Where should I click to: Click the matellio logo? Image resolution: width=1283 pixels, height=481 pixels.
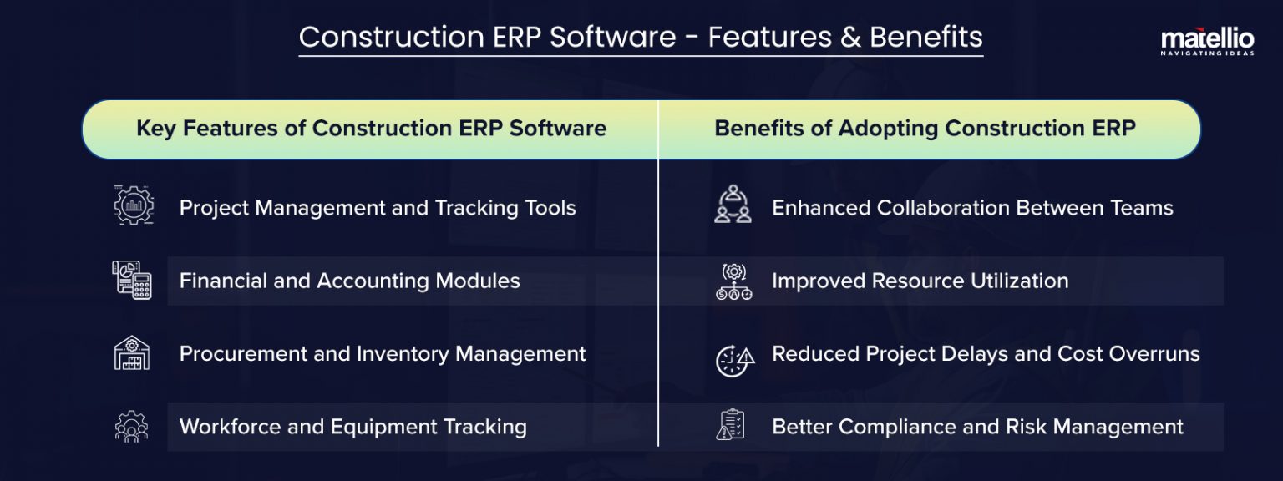pyautogui.click(x=1207, y=38)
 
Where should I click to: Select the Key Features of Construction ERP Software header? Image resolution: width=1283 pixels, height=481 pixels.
pyautogui.click(x=371, y=129)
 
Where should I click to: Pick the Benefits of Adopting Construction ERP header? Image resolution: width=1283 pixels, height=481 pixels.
pyautogui.click(x=925, y=129)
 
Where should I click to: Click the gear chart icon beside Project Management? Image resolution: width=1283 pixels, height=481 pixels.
pyautogui.click(x=133, y=207)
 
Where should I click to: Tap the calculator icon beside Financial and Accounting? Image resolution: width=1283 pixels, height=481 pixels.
pyautogui.click(x=132, y=280)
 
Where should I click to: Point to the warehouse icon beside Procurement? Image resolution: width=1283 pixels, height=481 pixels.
pyautogui.click(x=132, y=353)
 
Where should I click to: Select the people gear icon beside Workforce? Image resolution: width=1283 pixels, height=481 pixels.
pyautogui.click(x=131, y=427)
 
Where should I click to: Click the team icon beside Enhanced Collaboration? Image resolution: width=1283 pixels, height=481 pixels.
pyautogui.click(x=733, y=206)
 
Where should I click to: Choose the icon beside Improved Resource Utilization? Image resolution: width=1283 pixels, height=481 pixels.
pyautogui.click(x=733, y=281)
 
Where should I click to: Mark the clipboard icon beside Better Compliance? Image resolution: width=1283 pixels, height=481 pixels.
pyautogui.click(x=730, y=425)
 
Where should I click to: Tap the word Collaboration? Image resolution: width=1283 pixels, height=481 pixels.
pyautogui.click(x=951, y=207)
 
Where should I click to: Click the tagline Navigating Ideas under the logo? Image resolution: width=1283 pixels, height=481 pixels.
pyautogui.click(x=1207, y=53)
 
